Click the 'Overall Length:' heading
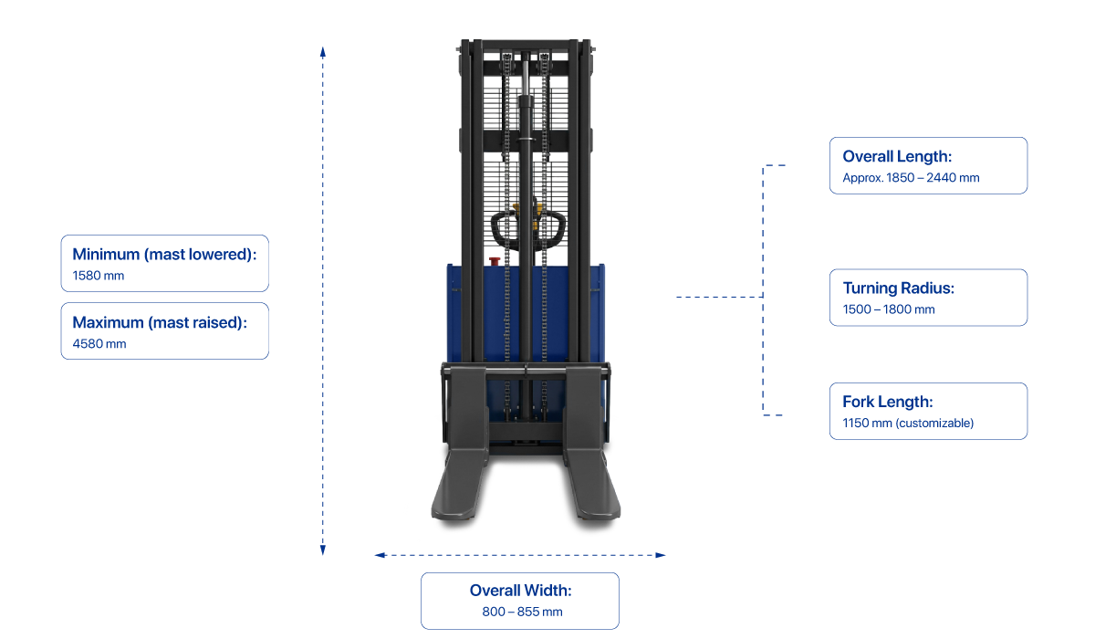coord(897,157)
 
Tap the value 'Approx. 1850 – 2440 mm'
coord(911,178)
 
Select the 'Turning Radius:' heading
coord(898,288)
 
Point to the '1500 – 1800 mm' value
coord(888,309)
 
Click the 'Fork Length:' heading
coord(887,402)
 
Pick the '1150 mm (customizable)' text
coord(907,424)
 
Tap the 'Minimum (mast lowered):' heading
coord(164,255)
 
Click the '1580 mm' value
coord(99,276)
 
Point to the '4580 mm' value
coord(99,344)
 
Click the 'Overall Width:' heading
coord(520,591)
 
